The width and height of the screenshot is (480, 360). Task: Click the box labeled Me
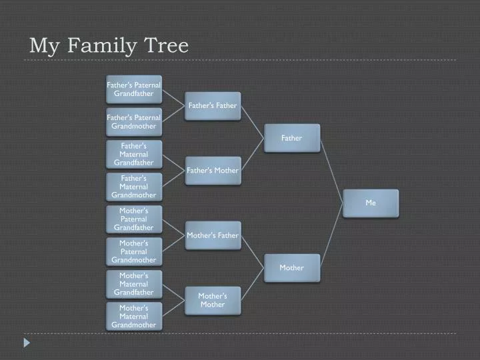[x=371, y=203]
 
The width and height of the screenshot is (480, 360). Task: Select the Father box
[x=292, y=138]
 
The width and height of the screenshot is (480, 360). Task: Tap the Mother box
[x=292, y=268]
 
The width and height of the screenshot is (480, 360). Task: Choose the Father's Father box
[x=213, y=106]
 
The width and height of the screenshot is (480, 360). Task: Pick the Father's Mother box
[x=213, y=171]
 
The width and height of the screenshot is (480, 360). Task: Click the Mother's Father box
[x=213, y=235]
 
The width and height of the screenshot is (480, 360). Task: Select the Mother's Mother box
[x=213, y=301]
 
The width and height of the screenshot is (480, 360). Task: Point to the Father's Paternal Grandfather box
[x=134, y=89]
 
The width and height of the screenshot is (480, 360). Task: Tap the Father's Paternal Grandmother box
[x=134, y=122]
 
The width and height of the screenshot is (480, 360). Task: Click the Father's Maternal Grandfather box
[x=134, y=154]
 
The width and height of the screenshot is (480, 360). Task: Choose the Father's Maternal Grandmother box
[x=134, y=187]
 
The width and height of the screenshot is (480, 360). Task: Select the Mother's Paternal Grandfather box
[x=134, y=219]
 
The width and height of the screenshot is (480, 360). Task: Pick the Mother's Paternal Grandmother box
[x=134, y=251]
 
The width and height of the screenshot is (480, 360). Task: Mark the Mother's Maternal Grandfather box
[x=134, y=284]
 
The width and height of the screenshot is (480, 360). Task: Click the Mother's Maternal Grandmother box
[x=134, y=317]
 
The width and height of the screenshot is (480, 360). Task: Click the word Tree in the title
[x=166, y=45]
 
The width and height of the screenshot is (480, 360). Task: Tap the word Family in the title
[x=101, y=47]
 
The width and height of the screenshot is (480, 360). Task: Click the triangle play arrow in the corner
[x=27, y=343]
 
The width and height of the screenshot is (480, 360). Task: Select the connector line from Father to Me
[x=331, y=171]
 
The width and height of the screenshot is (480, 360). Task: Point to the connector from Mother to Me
[x=331, y=236]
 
